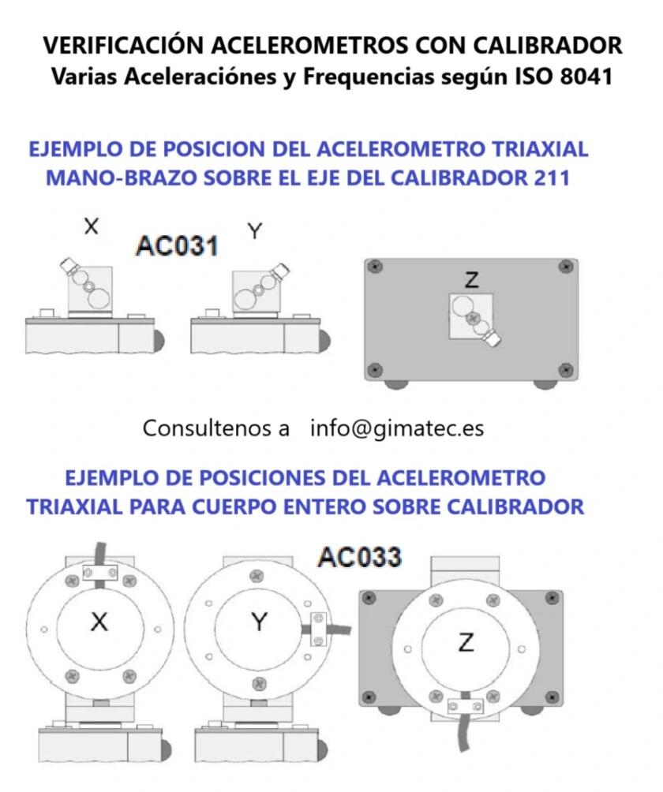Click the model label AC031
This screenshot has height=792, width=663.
tap(177, 245)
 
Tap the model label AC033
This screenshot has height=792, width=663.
tap(359, 557)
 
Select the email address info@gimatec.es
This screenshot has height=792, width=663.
tap(397, 428)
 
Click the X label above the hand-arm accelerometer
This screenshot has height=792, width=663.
tap(92, 226)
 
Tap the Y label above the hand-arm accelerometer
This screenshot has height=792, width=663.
tap(254, 231)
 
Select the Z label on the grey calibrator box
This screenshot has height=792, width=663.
tap(472, 278)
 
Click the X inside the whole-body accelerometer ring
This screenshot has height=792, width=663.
tap(99, 622)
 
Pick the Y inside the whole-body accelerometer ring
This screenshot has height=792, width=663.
tap(259, 622)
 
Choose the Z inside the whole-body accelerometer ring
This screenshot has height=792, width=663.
tap(465, 644)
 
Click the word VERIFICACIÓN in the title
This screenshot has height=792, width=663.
tap(125, 45)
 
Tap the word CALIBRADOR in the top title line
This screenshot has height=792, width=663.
tap(549, 45)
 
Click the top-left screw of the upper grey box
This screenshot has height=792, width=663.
tap(377, 267)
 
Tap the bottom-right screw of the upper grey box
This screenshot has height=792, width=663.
tap(564, 369)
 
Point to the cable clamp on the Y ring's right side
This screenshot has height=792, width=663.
tap(318, 629)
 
